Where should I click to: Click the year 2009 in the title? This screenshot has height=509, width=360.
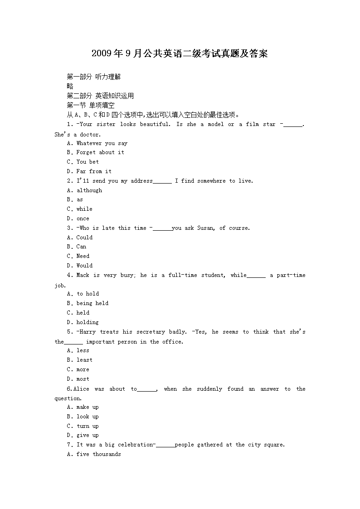(101, 54)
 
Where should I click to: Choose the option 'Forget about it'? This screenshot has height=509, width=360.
(100, 152)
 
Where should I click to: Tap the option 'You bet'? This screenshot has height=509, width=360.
(87, 162)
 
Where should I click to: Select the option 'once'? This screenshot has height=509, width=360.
(83, 218)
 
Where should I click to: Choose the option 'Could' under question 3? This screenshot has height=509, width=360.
(84, 238)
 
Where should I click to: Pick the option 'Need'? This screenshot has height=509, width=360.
(83, 256)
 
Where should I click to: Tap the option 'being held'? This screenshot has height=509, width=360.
(92, 303)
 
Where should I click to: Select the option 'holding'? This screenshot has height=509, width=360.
(87, 322)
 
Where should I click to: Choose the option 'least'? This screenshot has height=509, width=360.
(84, 360)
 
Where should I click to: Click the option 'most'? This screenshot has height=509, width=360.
(83, 379)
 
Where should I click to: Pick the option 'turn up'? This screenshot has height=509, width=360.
(87, 426)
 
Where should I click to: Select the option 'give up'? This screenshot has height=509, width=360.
(87, 435)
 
